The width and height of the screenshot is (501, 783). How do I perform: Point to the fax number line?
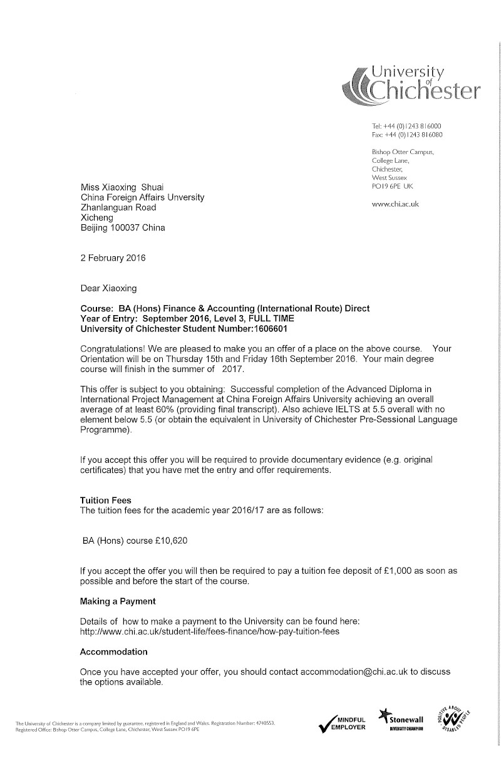[x=407, y=134]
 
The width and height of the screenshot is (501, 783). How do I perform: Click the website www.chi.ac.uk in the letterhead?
[x=395, y=204]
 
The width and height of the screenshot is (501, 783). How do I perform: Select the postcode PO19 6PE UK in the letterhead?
[x=393, y=186]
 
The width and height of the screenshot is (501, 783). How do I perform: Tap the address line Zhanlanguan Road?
[x=118, y=207]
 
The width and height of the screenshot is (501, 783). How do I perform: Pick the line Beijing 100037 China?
[x=123, y=227]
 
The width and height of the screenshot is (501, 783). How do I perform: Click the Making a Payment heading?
[x=118, y=601]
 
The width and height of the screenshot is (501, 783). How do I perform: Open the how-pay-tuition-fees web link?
[x=210, y=632]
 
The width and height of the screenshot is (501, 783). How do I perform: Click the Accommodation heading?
[x=114, y=652]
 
